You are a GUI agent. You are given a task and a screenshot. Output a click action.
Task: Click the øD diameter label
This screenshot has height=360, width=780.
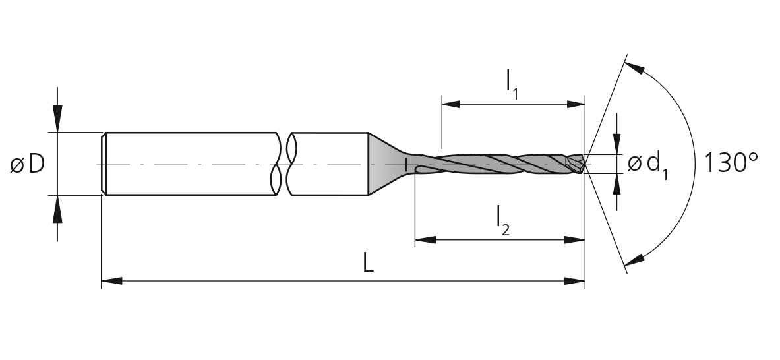(x=27, y=164)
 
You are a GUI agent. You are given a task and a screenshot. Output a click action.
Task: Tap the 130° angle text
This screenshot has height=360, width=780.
(x=731, y=163)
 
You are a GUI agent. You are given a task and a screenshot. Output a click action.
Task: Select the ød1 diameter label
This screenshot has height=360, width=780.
(x=647, y=165)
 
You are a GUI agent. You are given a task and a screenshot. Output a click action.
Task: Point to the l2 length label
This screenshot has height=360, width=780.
(x=503, y=221)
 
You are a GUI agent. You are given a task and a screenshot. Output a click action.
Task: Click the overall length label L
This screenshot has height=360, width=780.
(x=368, y=262)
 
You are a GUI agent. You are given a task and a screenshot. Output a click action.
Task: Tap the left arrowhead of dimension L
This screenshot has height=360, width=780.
(x=111, y=281)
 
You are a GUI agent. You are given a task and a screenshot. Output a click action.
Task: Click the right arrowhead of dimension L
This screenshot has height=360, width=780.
(x=574, y=281)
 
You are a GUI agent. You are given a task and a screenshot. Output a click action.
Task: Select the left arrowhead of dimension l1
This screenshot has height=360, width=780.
(x=451, y=104)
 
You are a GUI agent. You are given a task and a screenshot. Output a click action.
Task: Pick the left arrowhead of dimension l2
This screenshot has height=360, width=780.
(x=425, y=239)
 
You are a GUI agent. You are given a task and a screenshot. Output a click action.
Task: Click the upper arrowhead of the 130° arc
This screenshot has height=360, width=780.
(x=634, y=68)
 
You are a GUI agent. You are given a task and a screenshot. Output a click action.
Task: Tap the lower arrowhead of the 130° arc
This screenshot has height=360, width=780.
(x=634, y=260)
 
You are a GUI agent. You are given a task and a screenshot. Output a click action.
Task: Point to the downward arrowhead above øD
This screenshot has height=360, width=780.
(x=58, y=118)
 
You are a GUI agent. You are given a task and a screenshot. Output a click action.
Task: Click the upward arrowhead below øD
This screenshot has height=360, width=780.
(x=58, y=209)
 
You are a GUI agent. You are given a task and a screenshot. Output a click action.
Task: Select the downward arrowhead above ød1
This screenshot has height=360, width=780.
(x=617, y=144)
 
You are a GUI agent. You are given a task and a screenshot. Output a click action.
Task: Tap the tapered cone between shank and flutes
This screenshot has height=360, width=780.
(x=386, y=164)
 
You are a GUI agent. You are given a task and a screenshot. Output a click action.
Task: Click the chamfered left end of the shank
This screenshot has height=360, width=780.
(x=104, y=164)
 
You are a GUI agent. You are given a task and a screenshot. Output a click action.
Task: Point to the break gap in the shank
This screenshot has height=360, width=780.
(x=284, y=164)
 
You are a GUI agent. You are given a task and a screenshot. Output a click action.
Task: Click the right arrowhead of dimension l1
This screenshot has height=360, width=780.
(x=576, y=104)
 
